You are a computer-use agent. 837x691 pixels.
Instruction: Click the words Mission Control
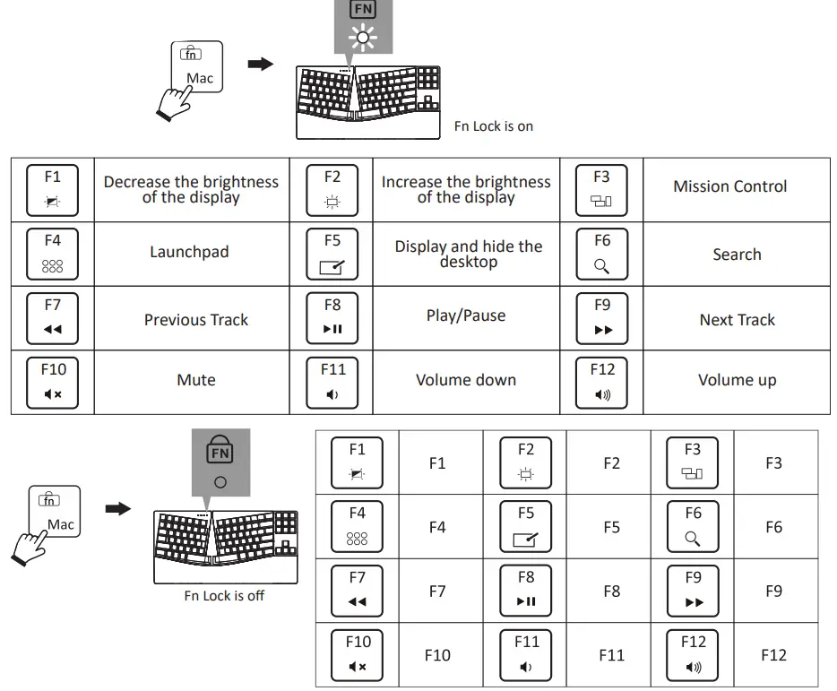click(729, 186)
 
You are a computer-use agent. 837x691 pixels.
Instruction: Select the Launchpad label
click(189, 252)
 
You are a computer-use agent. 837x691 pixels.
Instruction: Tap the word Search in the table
click(737, 255)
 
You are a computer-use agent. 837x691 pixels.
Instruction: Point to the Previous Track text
click(196, 319)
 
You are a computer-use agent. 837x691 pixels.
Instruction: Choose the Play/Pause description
click(465, 315)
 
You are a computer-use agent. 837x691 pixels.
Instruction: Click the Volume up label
click(737, 380)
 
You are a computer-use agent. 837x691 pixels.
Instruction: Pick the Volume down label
click(465, 380)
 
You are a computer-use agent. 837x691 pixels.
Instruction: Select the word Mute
click(196, 380)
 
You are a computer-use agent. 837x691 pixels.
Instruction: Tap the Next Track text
click(737, 319)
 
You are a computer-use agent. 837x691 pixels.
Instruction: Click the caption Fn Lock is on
click(493, 126)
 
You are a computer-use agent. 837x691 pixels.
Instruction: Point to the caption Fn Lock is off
click(224, 595)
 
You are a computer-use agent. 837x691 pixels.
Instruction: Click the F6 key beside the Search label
click(601, 255)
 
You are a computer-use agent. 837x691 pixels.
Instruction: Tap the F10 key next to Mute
click(52, 383)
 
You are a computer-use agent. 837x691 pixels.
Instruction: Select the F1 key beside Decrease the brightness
click(52, 190)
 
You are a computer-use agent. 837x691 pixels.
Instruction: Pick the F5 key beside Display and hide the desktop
click(332, 255)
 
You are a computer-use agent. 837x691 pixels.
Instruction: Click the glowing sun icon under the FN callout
click(363, 38)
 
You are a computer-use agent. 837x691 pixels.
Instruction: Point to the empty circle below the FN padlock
click(220, 482)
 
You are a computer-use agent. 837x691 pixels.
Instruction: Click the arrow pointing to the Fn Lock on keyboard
click(261, 64)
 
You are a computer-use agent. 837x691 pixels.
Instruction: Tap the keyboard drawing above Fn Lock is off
click(225, 547)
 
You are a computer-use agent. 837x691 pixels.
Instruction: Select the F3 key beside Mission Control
click(601, 190)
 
